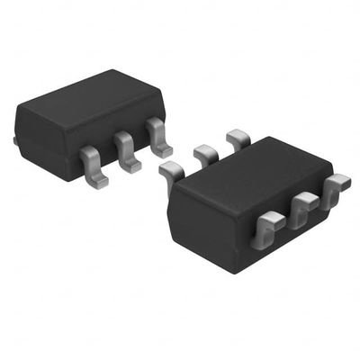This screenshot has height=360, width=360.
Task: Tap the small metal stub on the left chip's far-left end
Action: pyautogui.click(x=17, y=139)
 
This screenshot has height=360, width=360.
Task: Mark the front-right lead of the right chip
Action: pyautogui.click(x=336, y=187)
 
